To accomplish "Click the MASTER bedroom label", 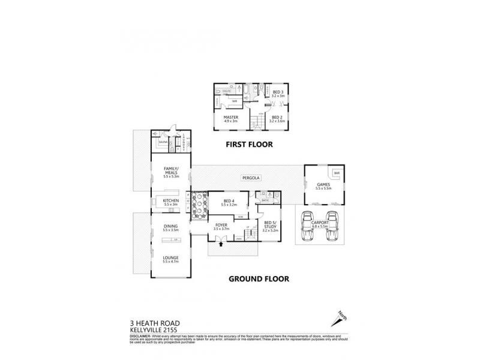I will [231, 117].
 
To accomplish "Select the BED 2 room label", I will [277, 118].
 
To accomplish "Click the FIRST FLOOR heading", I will [249, 144].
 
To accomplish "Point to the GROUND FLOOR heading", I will [260, 278].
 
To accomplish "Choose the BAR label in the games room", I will [337, 173].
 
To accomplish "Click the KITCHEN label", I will [170, 201].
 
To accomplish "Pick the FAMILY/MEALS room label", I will [170, 171].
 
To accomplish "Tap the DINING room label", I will [170, 227].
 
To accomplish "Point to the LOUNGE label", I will [170, 259].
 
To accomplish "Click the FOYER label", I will [221, 226].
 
